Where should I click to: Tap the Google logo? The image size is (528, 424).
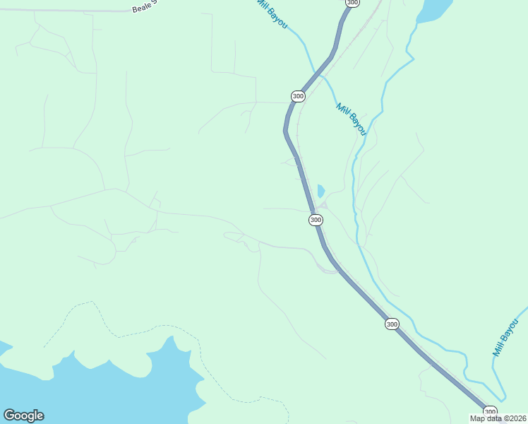point(23,416)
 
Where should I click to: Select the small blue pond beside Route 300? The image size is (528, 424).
point(320,191)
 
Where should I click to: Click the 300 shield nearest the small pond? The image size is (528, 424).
point(316,220)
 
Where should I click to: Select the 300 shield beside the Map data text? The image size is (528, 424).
point(490,411)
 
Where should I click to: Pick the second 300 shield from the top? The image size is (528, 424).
point(298,96)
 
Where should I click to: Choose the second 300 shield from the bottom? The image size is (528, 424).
point(392,324)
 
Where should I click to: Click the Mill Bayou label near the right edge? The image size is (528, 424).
point(505,337)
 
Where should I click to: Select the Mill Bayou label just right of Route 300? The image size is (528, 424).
point(352,119)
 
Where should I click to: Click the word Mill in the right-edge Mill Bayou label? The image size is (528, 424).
point(500,348)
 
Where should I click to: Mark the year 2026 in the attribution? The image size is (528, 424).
point(517,418)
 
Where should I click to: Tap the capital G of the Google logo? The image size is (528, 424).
point(9,416)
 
